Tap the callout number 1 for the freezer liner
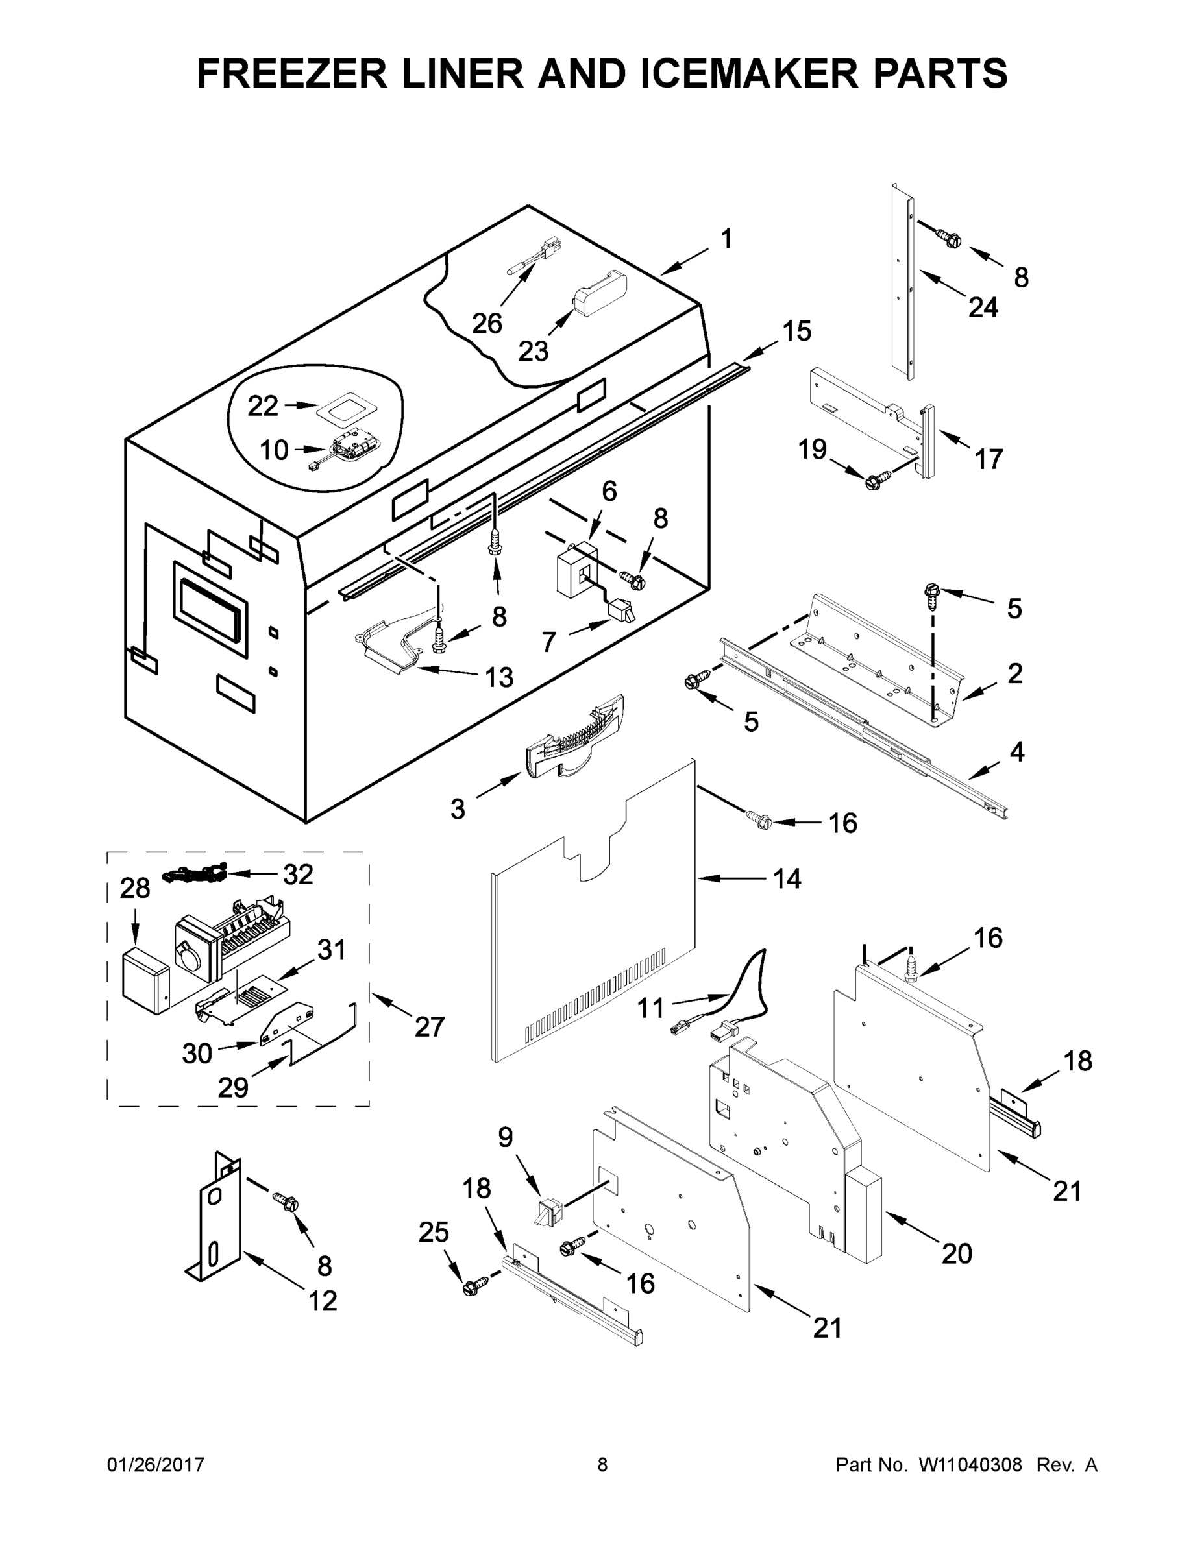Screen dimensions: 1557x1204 click(x=726, y=239)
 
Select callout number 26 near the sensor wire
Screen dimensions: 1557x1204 click(x=487, y=324)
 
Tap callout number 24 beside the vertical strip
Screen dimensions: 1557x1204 click(x=983, y=308)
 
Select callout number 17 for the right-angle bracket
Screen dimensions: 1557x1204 click(x=989, y=459)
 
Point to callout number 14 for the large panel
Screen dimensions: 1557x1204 click(x=787, y=879)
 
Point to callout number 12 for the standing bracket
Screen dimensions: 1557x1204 click(x=323, y=1301)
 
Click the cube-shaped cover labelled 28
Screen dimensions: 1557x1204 click(x=145, y=980)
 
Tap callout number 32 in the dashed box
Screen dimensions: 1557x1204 click(x=298, y=875)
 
